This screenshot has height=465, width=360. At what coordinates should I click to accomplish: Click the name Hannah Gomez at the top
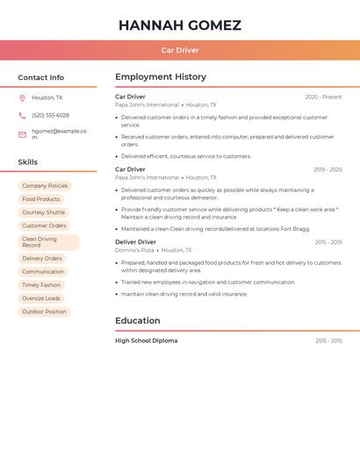[179, 25]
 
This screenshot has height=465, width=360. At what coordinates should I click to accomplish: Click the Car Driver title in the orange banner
[179, 50]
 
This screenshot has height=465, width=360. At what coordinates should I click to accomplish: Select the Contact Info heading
[40, 77]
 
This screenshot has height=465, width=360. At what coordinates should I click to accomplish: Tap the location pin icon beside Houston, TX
[22, 98]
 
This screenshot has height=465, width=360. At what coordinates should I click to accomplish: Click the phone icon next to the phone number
[22, 115]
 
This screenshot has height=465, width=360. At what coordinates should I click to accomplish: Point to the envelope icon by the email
[22, 134]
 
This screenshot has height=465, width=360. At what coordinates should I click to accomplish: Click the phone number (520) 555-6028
[50, 115]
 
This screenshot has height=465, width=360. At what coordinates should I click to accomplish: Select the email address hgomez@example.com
[59, 134]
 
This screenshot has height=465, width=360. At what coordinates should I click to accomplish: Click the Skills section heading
[27, 161]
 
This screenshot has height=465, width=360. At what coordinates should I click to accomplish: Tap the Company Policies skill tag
[45, 186]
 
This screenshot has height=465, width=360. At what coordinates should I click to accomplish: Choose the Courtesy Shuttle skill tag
[43, 212]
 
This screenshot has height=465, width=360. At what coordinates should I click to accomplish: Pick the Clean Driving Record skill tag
[48, 242]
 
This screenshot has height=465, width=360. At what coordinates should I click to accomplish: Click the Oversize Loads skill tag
[41, 298]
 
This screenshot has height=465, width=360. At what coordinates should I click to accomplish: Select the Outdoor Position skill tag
[44, 311]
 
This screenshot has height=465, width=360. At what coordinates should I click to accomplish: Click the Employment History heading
[161, 77]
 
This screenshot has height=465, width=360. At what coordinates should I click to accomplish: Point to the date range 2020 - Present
[323, 97]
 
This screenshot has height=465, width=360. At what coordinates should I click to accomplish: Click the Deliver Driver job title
[135, 241]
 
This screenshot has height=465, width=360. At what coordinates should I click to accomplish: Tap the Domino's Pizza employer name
[134, 250]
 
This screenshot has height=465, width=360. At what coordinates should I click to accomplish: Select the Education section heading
[137, 320]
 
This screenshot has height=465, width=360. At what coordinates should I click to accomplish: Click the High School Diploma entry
[146, 340]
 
